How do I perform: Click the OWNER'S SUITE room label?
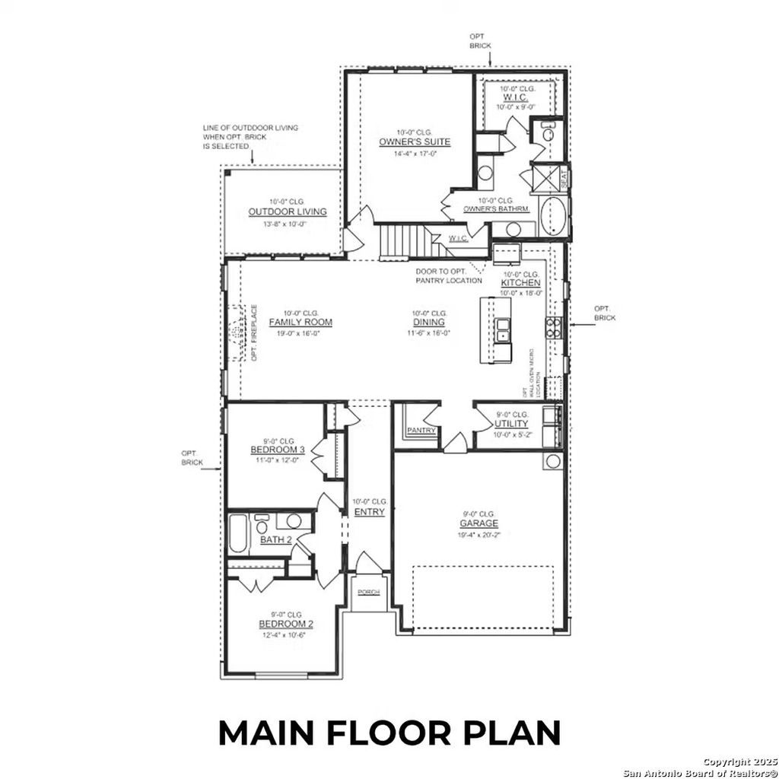pos(415,142)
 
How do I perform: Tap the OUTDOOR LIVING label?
pos(288,212)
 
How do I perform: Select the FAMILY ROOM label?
pos(300,323)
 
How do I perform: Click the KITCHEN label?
pos(520,283)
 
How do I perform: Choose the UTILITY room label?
pos(511,424)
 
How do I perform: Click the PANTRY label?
pos(421,431)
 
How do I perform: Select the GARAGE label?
pos(479,523)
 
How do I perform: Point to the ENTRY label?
pos(369,512)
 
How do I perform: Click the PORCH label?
pos(369,592)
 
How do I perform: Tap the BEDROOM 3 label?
pos(277,450)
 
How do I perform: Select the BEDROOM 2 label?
pos(286,624)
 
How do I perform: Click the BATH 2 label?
pos(276,540)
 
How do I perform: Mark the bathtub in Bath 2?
pos(238,536)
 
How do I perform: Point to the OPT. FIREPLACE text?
pos(255,333)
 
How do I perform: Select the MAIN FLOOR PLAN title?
pos(389,733)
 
